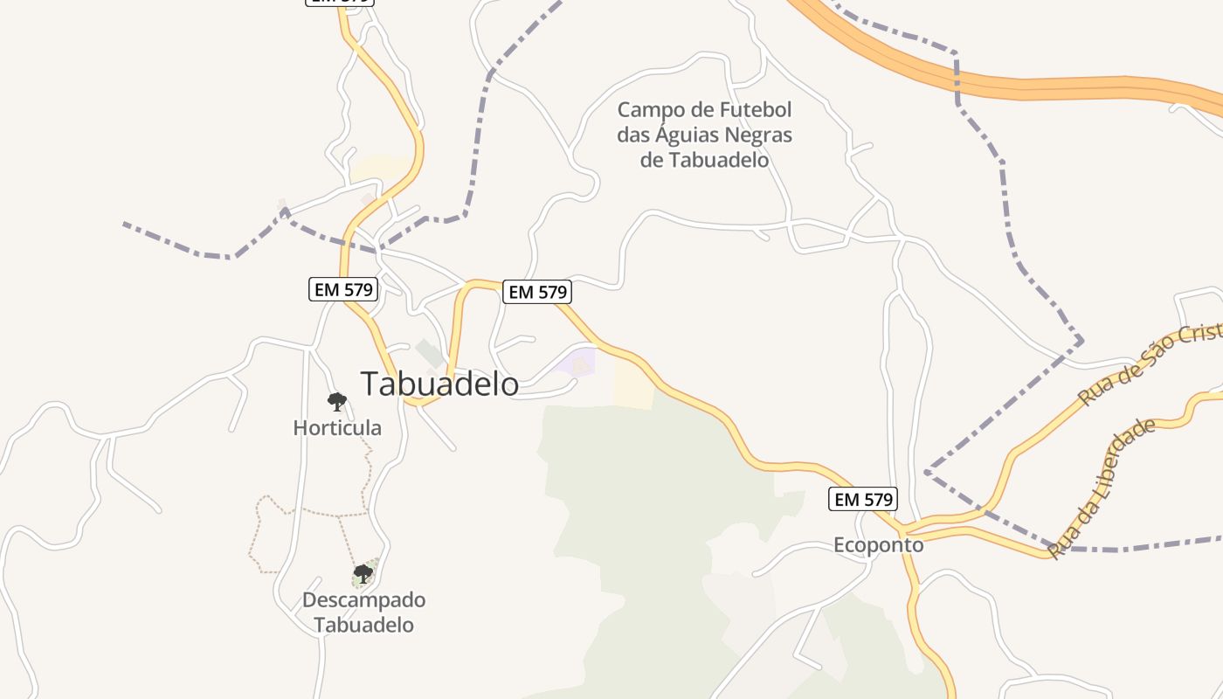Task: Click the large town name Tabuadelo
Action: point(439,384)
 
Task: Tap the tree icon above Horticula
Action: point(337,402)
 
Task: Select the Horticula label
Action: point(337,428)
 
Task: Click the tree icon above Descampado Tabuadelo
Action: point(363,574)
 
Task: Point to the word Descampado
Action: point(363,600)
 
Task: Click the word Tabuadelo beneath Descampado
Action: point(363,625)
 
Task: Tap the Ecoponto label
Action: point(878,545)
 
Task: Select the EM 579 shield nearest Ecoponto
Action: point(862,499)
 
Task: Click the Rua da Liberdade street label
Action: point(1102,488)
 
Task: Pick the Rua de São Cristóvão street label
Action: point(1150,363)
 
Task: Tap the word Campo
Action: point(646,111)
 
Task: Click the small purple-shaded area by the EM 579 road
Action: point(577,363)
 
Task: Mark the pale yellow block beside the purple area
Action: point(632,385)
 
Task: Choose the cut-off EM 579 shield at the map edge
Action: point(339,2)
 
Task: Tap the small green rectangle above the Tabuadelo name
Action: point(429,353)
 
